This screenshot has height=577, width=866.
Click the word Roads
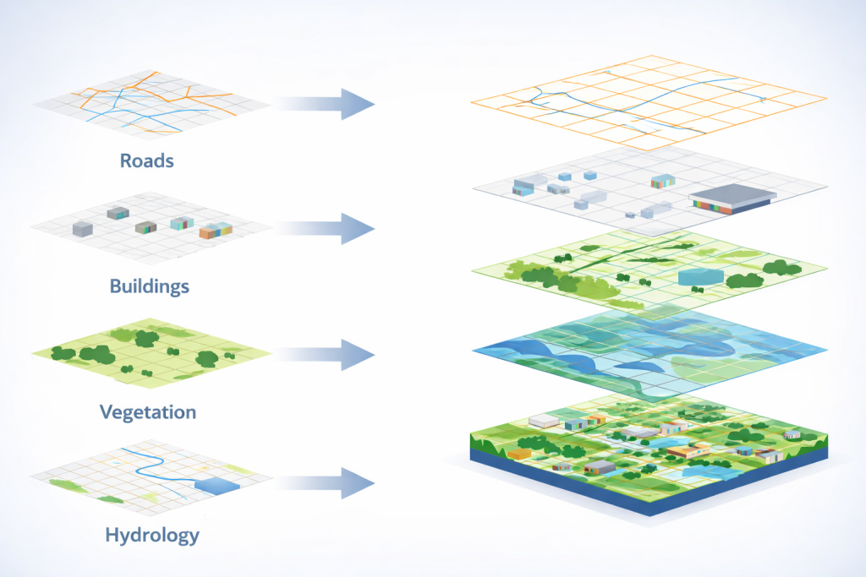click(147, 160)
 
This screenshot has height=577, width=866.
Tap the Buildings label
click(150, 286)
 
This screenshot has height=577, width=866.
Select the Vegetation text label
click(148, 412)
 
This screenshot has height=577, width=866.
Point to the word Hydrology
click(152, 535)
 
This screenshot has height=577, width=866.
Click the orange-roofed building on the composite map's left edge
click(519, 454)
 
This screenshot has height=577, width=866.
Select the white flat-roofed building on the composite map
click(543, 420)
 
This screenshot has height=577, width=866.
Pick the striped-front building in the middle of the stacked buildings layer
click(662, 182)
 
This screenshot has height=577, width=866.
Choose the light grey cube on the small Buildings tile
click(82, 228)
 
